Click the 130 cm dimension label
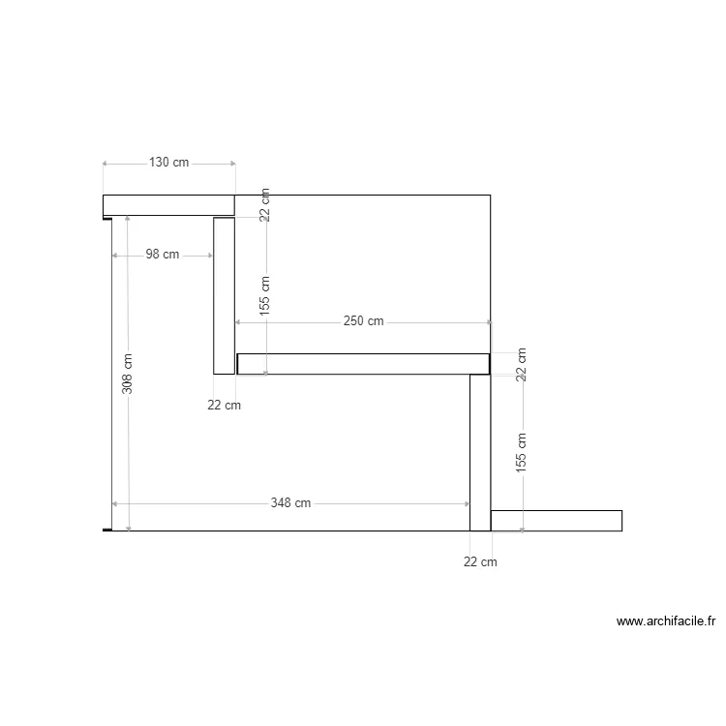[x=169, y=163]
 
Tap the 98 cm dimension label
[x=163, y=255]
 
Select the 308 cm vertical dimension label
[x=128, y=374]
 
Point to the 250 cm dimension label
[x=363, y=321]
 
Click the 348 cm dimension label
[x=290, y=502]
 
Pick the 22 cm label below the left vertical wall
[x=225, y=406]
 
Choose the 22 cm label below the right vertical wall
[x=480, y=562]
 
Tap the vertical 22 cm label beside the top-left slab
[x=264, y=204]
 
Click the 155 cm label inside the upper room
[x=264, y=296]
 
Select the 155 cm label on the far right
[x=522, y=453]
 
